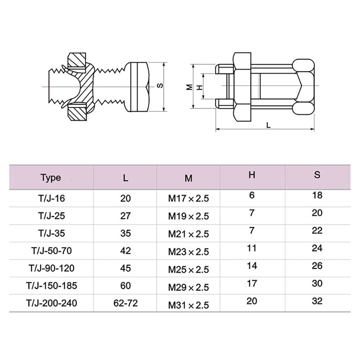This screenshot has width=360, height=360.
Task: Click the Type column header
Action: (51, 177)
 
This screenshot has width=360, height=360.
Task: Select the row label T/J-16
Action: (51, 198)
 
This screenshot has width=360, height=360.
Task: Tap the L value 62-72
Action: (125, 303)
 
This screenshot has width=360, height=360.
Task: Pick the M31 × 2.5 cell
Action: (188, 305)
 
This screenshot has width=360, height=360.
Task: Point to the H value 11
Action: (252, 248)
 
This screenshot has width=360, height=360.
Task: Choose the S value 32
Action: (317, 301)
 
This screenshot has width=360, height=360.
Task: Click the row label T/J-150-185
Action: (51, 286)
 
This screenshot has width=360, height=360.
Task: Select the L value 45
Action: (125, 269)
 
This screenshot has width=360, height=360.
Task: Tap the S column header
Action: (317, 175)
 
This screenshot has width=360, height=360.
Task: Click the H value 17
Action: (252, 283)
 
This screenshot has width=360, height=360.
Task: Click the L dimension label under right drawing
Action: (268, 125)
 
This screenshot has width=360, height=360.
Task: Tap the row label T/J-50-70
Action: (51, 251)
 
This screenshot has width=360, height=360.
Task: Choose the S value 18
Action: (317, 195)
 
